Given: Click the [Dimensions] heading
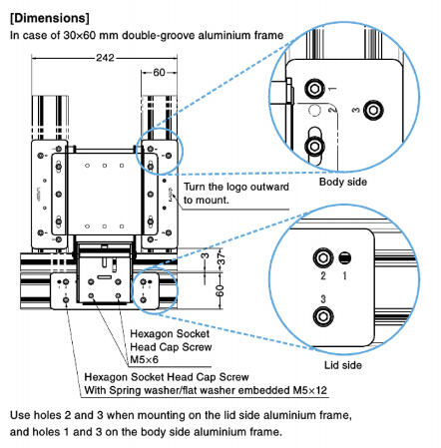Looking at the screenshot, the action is (50, 18).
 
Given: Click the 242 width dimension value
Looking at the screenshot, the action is (105, 58).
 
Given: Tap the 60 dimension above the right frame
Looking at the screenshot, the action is (159, 72).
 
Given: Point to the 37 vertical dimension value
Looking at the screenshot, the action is (221, 258).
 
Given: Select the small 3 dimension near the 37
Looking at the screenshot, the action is (206, 255).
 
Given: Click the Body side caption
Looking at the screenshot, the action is (343, 182).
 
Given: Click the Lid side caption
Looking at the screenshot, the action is (343, 365).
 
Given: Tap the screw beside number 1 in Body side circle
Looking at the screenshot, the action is (314, 89).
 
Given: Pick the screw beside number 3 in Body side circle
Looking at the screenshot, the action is (373, 110).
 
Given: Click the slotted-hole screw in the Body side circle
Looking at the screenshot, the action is (314, 146).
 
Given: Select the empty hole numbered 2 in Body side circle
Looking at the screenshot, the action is (314, 110).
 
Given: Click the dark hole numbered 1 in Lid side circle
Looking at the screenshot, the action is (345, 258).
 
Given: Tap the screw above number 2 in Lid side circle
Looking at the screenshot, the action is (323, 257).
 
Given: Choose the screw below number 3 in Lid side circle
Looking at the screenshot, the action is (323, 316).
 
